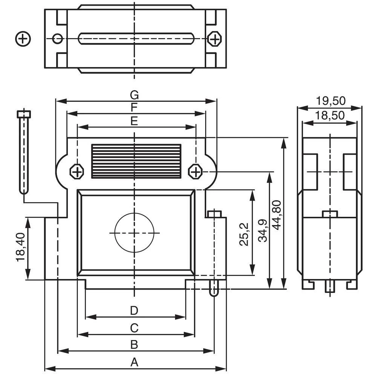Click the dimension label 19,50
pyautogui.click(x=331, y=101)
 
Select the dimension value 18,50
pyautogui.click(x=330, y=115)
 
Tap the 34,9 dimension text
pyautogui.click(x=263, y=230)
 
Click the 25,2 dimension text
pyautogui.click(x=244, y=234)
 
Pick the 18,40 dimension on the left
pyautogui.click(x=21, y=247)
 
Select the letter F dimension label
pyautogui.click(x=134, y=108)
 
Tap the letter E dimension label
pyautogui.click(x=134, y=121)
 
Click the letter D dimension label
pyautogui.click(x=134, y=311)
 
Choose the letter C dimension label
pyautogui.click(x=134, y=328)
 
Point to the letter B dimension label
pyautogui.click(x=134, y=345)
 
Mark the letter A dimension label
pyautogui.click(x=134, y=363)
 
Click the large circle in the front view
pyautogui.click(x=135, y=233)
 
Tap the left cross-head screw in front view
pyautogui.click(x=77, y=172)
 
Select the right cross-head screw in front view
pyautogui.click(x=196, y=172)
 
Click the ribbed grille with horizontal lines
pyautogui.click(x=136, y=161)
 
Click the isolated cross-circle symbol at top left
pyautogui.click(x=23, y=38)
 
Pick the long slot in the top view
pyautogui.click(x=136, y=38)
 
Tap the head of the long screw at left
pyautogui.click(x=24, y=114)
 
